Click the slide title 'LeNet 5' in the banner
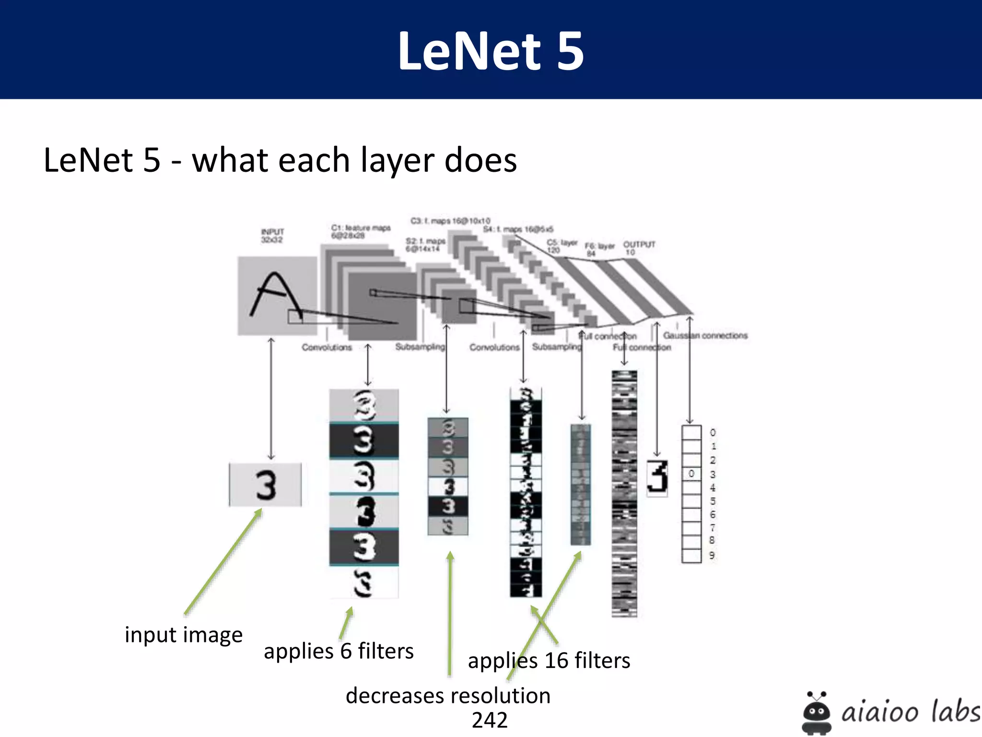click(491, 51)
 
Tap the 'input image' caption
click(184, 635)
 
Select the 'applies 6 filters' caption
click(339, 651)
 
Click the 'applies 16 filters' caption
click(549, 661)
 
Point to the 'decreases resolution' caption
click(448, 696)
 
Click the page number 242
click(490, 720)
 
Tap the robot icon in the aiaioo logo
click(816, 713)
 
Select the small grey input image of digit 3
click(265, 485)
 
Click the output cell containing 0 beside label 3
click(691, 474)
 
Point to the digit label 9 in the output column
click(712, 556)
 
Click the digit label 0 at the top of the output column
click(713, 433)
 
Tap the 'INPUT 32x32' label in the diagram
click(272, 236)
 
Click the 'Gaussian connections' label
click(705, 335)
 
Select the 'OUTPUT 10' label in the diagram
click(639, 248)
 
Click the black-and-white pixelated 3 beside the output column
click(657, 478)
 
